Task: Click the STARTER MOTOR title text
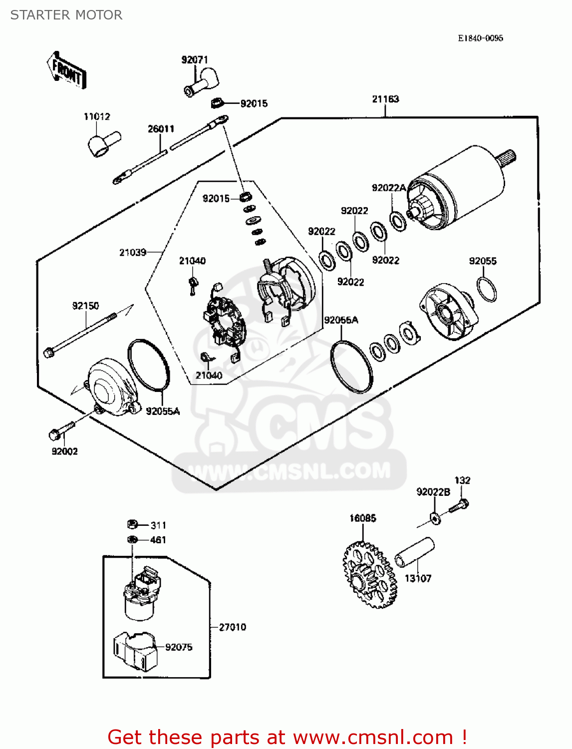66,15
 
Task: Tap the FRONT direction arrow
67,70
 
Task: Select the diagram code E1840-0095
480,38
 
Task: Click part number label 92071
194,60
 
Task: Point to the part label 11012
97,116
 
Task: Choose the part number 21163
385,99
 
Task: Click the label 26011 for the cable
161,129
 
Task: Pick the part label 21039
133,252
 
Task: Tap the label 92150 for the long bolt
85,306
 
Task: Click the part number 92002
65,451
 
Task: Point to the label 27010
233,627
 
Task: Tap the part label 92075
179,647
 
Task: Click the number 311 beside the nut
158,525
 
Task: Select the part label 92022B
433,492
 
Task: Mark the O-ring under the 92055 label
487,290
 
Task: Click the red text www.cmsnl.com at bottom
372,737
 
